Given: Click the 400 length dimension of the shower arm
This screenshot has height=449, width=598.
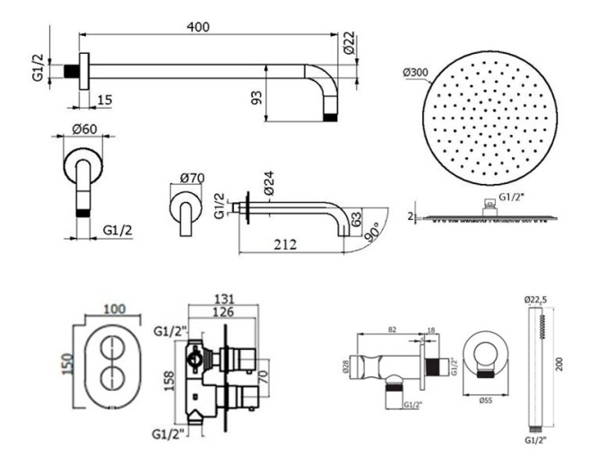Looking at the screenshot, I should [198, 27].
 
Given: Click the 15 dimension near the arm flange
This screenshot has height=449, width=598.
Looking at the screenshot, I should [104, 99].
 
